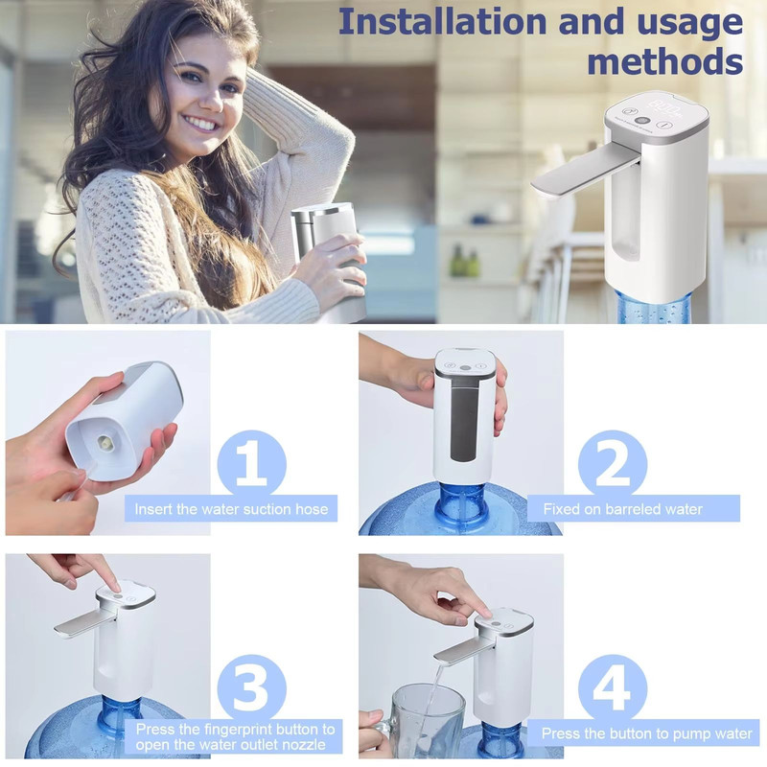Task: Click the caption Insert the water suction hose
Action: click(231, 509)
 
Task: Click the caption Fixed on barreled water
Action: click(622, 509)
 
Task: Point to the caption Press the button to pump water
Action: click(646, 733)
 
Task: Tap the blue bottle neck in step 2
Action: click(462, 504)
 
